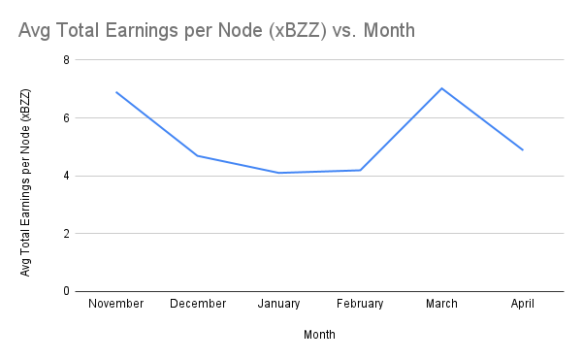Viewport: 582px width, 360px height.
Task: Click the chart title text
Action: pos(216,31)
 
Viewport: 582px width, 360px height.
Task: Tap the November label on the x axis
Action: pos(115,304)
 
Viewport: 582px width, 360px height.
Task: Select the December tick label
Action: pos(198,304)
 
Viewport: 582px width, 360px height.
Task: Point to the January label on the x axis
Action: pos(279,304)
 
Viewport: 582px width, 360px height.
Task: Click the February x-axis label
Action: pos(360,304)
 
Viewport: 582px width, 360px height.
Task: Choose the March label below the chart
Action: pos(442,304)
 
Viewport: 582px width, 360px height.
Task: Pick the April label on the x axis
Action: pos(524,304)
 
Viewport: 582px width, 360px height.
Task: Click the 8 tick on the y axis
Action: pos(66,60)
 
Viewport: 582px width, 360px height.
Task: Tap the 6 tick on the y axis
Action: pos(66,118)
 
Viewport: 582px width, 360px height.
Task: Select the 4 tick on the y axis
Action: pos(66,176)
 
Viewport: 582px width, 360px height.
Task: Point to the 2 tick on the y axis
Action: pos(66,234)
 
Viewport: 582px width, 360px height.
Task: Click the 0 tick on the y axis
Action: pos(66,291)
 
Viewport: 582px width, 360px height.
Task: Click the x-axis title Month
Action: pos(320,335)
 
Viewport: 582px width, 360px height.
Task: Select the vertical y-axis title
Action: pos(26,181)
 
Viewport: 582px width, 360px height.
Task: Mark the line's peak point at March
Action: pos(442,88)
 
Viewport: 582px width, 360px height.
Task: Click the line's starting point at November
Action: pos(116,92)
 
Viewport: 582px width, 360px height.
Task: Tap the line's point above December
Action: pos(198,155)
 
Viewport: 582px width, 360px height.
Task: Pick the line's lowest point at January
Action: pos(279,173)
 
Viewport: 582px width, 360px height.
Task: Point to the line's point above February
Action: pos(361,170)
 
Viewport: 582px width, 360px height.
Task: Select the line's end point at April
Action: pos(524,149)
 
